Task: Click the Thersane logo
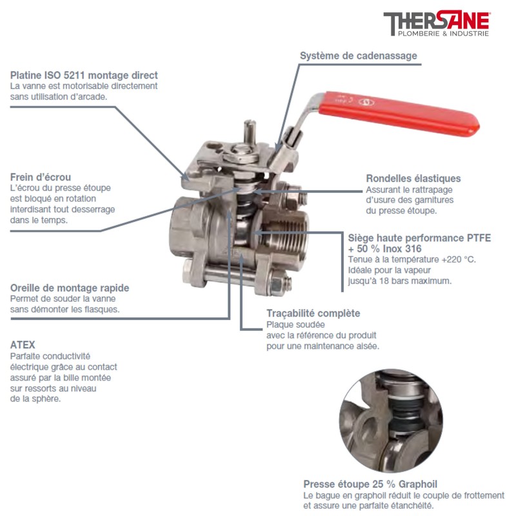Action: point(437,24)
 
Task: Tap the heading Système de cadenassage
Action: point(359,55)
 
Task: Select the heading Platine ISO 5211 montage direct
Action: point(84,75)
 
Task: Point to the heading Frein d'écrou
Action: point(41,177)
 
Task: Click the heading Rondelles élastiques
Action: point(413,179)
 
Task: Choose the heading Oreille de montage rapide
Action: point(70,288)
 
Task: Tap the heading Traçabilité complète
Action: point(313,313)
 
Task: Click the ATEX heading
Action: point(23,344)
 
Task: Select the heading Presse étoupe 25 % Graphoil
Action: point(370,484)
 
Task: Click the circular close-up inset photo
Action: point(391,421)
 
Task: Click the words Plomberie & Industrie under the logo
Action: point(443,34)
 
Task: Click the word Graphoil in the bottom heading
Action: point(418,484)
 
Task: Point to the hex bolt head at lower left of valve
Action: point(188,272)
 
